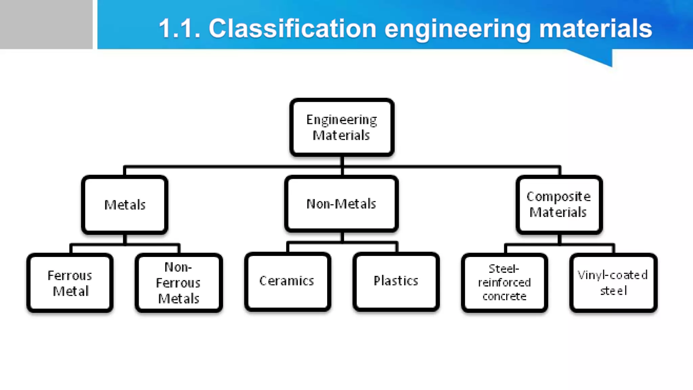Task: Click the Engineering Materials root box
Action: point(342,127)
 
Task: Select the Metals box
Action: point(125,205)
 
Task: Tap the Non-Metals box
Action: point(341,204)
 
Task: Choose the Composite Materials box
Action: point(559,204)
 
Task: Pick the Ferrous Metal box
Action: point(70,283)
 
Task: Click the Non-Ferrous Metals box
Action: point(178,283)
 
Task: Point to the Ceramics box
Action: point(287,281)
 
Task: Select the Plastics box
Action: point(396,281)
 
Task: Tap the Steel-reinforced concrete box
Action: point(504,283)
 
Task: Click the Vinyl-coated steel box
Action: point(613,283)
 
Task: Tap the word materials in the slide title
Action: point(595,28)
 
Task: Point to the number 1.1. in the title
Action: point(179,28)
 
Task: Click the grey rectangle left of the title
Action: point(46,24)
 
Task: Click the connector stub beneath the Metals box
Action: point(125,239)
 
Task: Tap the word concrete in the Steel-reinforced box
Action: point(504,297)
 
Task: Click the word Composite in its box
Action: point(558,197)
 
